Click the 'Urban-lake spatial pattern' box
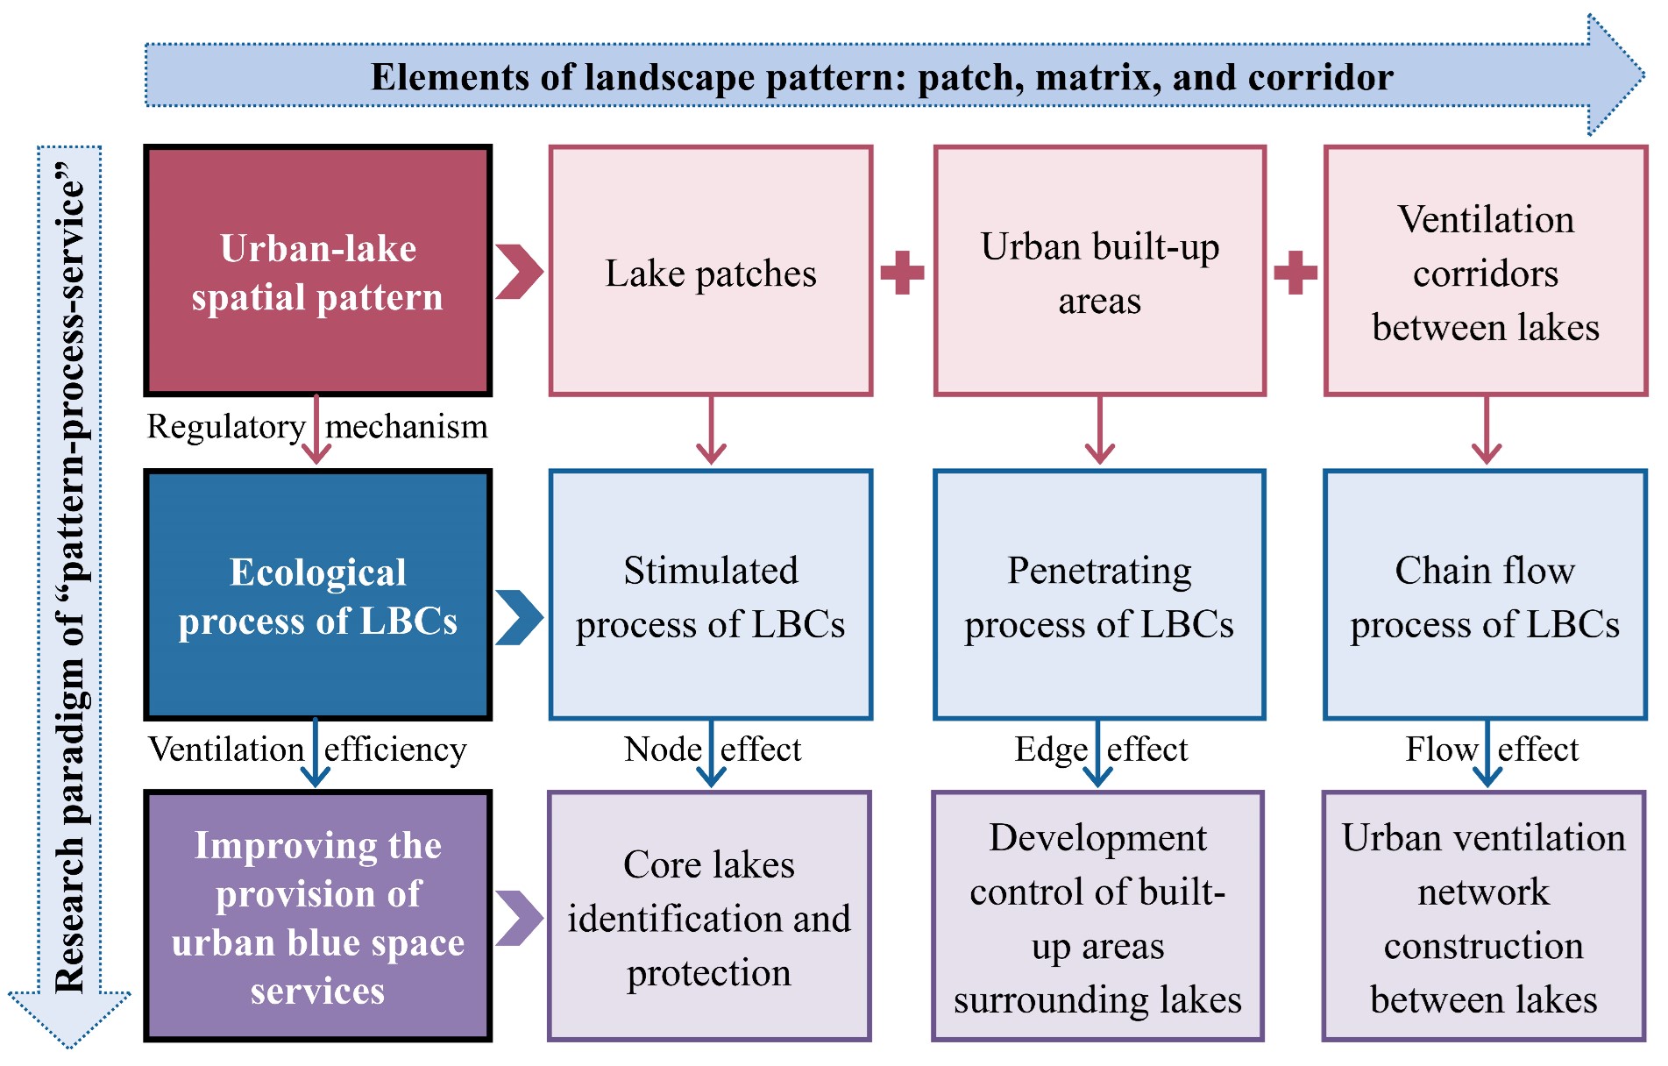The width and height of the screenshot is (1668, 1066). click(317, 271)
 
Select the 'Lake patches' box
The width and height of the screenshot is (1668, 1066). click(710, 271)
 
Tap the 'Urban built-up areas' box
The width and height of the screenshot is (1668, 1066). click(1099, 271)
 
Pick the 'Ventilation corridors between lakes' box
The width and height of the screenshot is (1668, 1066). click(1486, 271)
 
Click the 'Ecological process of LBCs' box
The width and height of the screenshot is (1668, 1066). click(317, 595)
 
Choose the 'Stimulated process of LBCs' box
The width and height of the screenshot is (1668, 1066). click(710, 595)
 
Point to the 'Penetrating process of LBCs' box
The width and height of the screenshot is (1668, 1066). click(1099, 595)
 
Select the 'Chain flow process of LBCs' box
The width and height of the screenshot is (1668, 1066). click(1485, 595)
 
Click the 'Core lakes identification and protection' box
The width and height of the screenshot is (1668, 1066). click(709, 917)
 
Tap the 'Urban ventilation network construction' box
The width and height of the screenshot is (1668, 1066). click(1484, 917)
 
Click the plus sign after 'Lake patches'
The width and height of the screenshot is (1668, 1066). click(902, 273)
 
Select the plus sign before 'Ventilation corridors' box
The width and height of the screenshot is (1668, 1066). click(1295, 273)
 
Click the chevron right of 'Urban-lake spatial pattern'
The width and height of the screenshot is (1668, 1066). click(519, 272)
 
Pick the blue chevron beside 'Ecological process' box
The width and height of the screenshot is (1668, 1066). click(519, 617)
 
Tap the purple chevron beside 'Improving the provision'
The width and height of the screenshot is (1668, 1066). click(519, 918)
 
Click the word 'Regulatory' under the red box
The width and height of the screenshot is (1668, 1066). click(225, 427)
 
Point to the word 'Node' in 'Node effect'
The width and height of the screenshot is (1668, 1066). click(662, 750)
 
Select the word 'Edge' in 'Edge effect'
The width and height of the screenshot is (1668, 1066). click(1050, 750)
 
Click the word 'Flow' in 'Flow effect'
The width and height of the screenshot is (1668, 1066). click(1441, 750)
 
